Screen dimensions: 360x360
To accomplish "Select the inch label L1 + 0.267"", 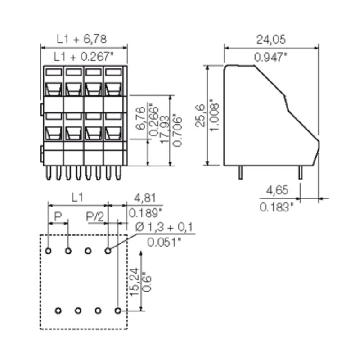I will click(x=83, y=57).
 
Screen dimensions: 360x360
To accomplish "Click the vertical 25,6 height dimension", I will click(x=201, y=115).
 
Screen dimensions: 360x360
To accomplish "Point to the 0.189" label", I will click(x=145, y=212).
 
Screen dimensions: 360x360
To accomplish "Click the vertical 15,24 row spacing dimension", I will click(x=134, y=282).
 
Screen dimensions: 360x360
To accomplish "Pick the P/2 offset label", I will click(x=95, y=217).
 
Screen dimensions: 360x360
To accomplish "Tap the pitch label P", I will click(x=58, y=217).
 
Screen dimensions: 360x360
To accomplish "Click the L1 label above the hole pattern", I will click(x=77, y=197).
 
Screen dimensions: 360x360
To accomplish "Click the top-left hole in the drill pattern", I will click(x=48, y=250).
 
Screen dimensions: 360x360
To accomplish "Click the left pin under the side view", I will click(x=241, y=172).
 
